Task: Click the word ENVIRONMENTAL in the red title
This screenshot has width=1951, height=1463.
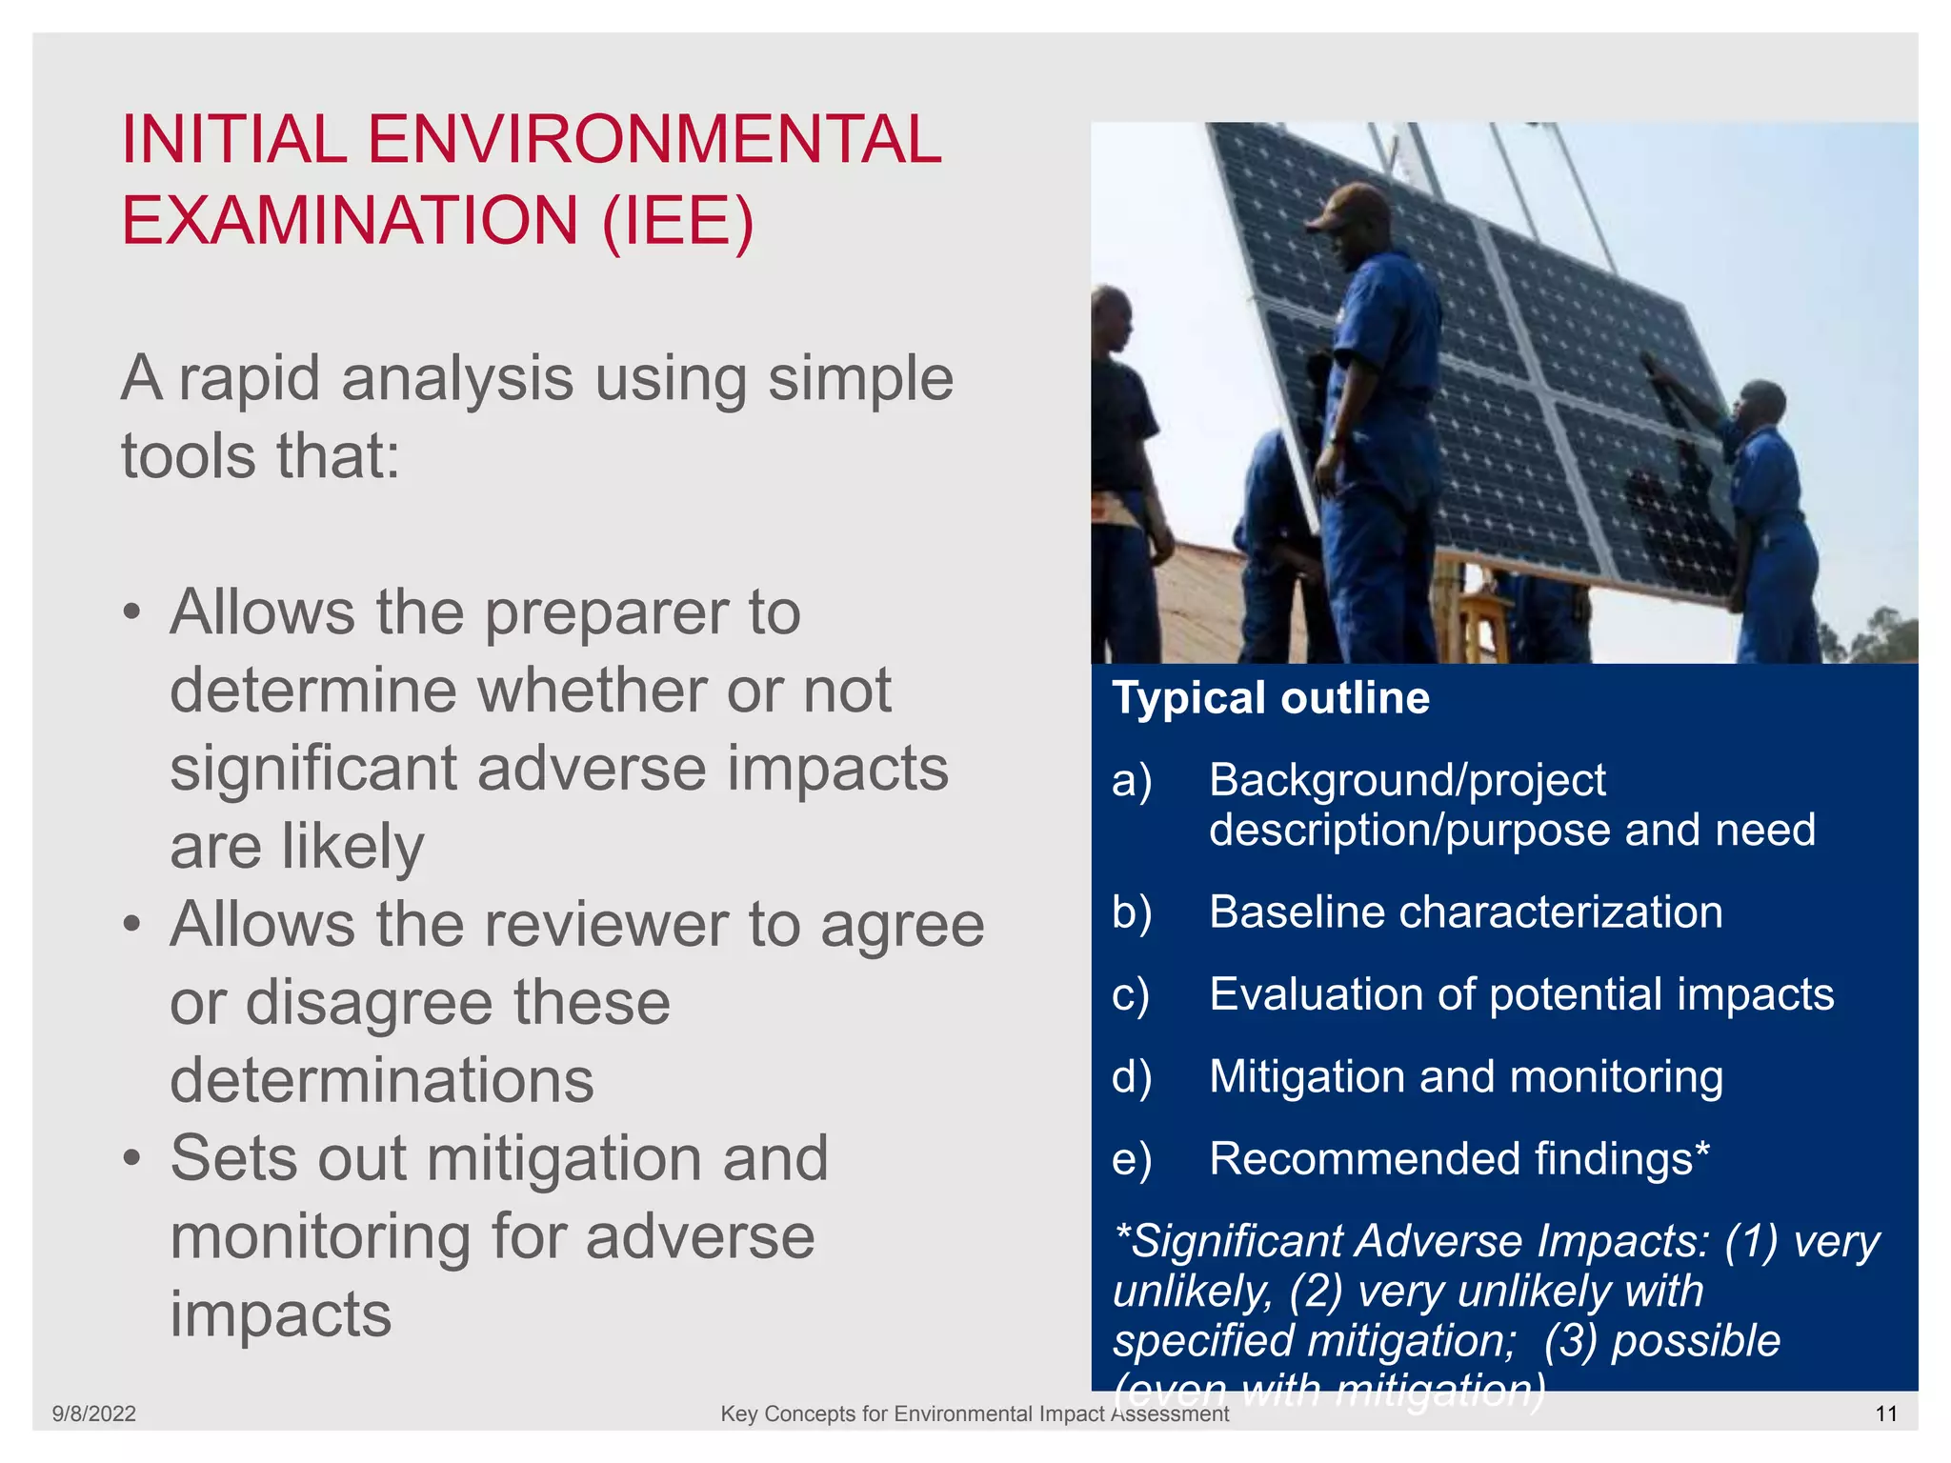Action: (x=654, y=139)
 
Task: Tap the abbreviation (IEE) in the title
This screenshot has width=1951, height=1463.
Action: (x=677, y=221)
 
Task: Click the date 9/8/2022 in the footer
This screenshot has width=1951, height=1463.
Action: (x=93, y=1413)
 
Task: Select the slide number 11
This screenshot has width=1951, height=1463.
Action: (x=1886, y=1413)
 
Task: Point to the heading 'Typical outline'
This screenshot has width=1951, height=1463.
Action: (x=1271, y=698)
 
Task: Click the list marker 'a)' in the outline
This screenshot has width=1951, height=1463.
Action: (x=1132, y=780)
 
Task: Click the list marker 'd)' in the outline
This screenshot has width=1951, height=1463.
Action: (x=1132, y=1077)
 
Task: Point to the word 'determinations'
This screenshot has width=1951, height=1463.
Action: (x=382, y=1081)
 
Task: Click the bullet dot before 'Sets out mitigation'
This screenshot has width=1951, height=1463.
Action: (x=132, y=1159)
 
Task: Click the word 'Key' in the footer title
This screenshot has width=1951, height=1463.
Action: (x=738, y=1413)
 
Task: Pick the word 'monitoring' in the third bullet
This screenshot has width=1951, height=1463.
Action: (x=320, y=1237)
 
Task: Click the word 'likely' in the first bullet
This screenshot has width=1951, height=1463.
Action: (x=352, y=847)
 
